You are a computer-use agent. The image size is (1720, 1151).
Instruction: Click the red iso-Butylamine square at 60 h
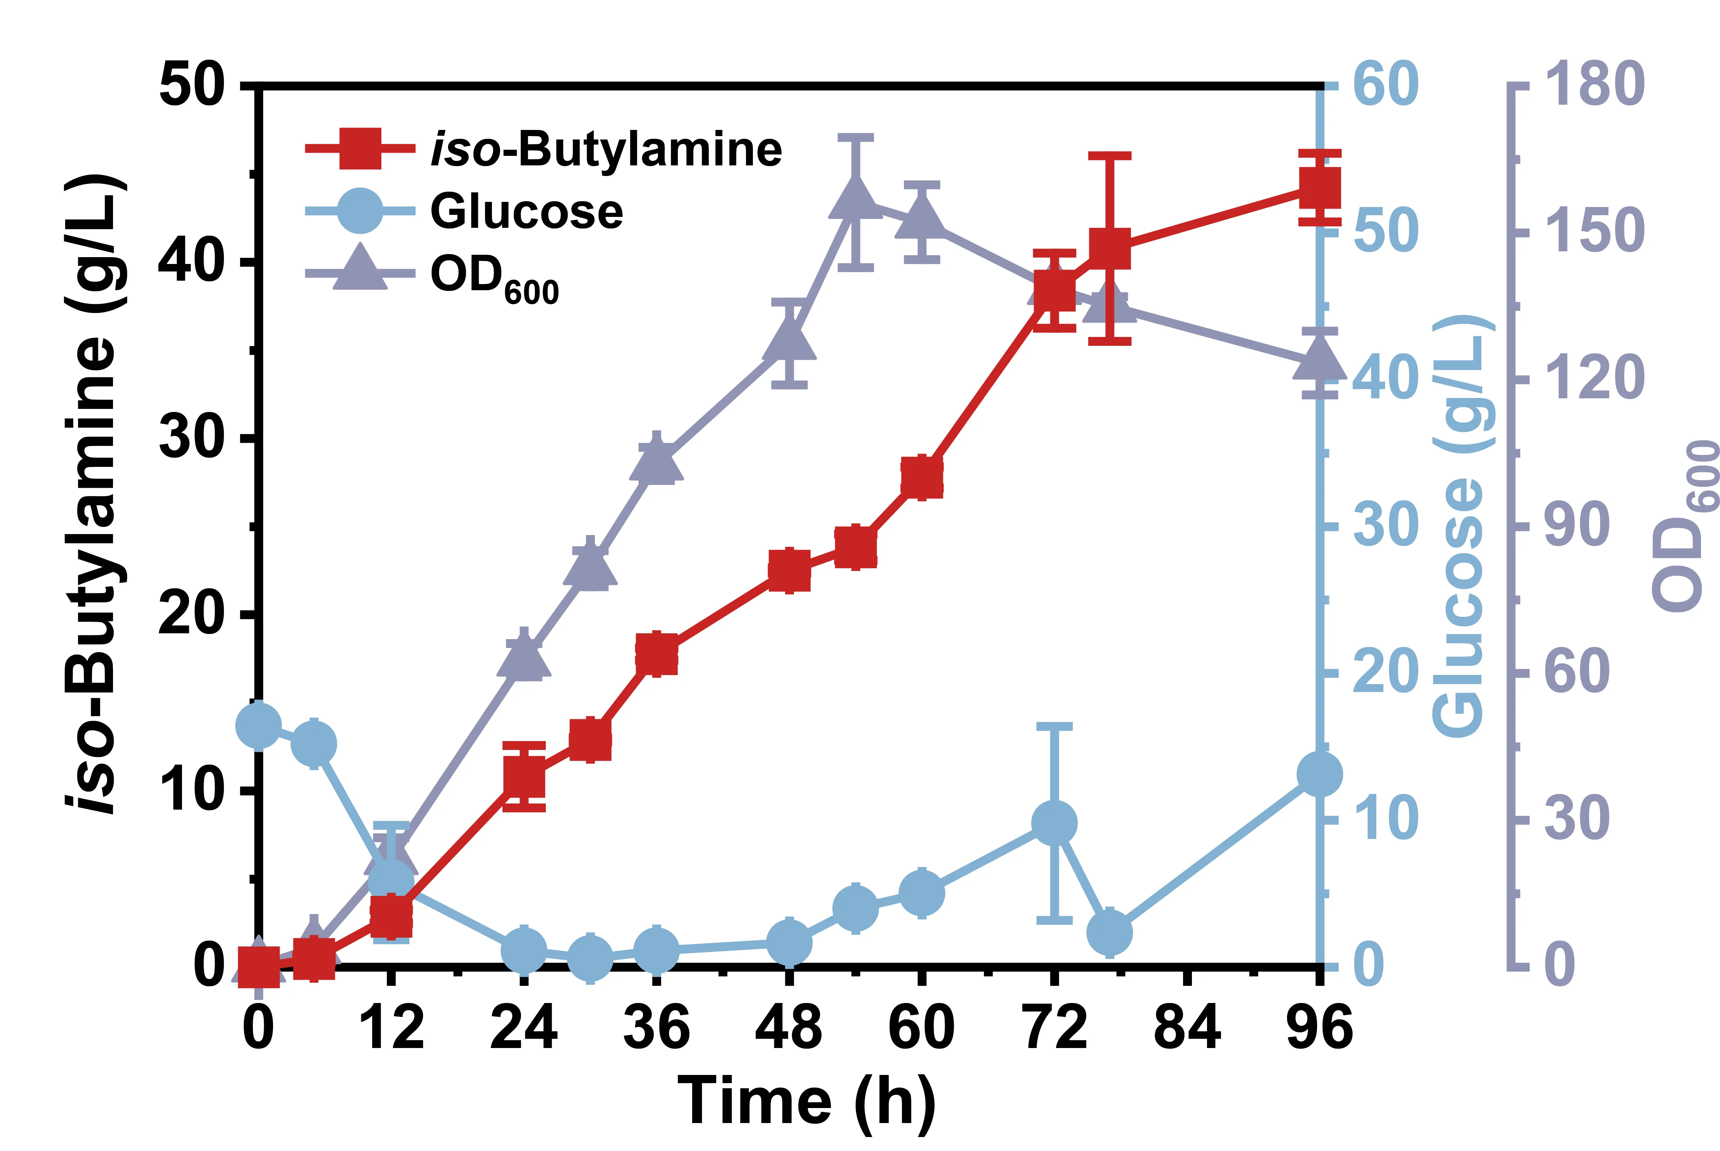pyautogui.click(x=922, y=477)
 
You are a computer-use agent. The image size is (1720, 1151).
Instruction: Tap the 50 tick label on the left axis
pyautogui.click(x=191, y=87)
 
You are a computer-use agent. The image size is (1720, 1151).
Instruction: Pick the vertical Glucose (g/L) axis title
pyautogui.click(x=1461, y=527)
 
